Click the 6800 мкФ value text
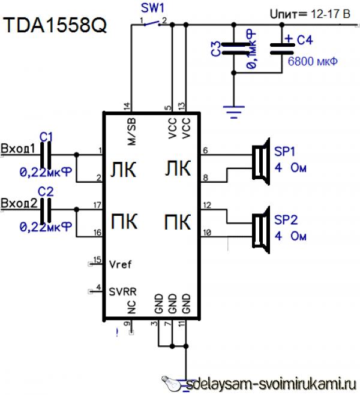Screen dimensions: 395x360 (x=313, y=61)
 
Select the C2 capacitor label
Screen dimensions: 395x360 (x=46, y=192)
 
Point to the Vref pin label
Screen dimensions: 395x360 (x=121, y=264)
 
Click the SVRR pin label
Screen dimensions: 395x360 (x=123, y=292)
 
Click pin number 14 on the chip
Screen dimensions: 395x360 (x=127, y=106)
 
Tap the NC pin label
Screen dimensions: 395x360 (x=131, y=306)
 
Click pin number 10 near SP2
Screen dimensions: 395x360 (x=207, y=232)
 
